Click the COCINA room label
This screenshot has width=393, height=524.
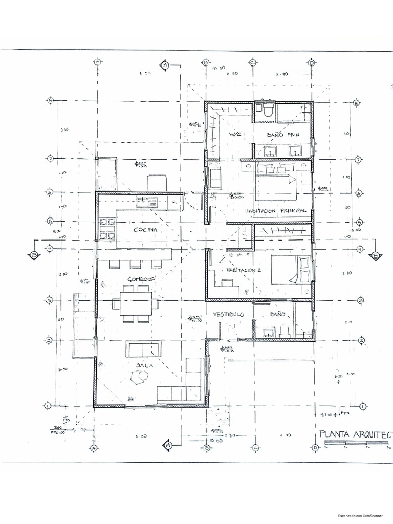[x=145, y=230]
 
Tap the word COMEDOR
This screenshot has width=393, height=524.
[x=141, y=279]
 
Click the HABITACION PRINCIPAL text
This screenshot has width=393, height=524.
[x=275, y=211]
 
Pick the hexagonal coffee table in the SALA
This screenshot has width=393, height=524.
[x=139, y=377]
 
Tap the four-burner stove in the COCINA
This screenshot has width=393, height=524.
[x=107, y=229]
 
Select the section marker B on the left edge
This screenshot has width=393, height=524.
[x=34, y=255]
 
